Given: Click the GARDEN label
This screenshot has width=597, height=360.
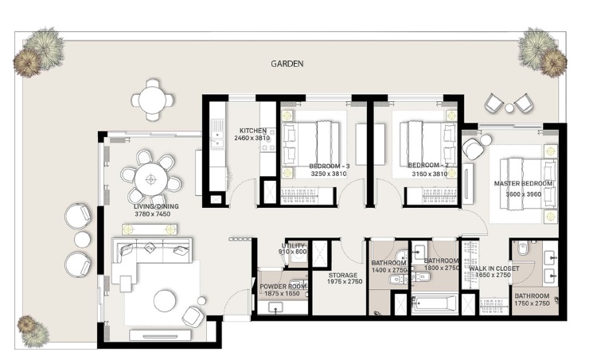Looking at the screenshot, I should (287, 64).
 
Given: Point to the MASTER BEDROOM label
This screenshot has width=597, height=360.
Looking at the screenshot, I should (524, 183).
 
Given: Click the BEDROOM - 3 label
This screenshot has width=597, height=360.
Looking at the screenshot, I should (328, 166).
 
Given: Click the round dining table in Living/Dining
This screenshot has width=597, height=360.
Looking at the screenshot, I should (151, 178).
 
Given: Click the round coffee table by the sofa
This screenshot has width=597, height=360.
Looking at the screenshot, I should (165, 300).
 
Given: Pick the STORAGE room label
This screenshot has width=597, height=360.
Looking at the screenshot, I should (345, 275).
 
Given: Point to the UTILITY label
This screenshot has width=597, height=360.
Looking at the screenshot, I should (293, 245).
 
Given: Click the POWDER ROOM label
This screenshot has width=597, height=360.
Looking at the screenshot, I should (282, 286).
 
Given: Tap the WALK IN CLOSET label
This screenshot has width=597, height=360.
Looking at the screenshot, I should (494, 269).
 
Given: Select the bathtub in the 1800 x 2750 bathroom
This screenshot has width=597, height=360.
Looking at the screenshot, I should (435, 303).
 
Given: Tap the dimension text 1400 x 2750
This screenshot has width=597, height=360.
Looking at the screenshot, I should (388, 271).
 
